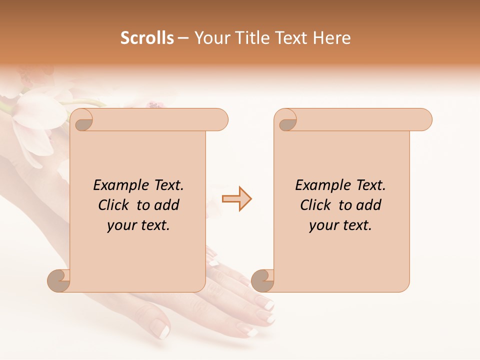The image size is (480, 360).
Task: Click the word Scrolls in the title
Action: point(147,38)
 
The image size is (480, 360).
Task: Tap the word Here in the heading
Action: point(332,38)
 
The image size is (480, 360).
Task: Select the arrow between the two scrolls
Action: point(236,199)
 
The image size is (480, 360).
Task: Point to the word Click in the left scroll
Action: point(115,205)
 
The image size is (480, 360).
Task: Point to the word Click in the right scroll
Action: point(317,205)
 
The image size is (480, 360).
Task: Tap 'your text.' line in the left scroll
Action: point(138,225)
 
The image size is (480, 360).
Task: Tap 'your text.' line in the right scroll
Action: point(340,225)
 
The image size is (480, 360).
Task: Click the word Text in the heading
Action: point(291,38)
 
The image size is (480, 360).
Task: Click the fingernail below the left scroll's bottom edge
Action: point(161,329)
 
